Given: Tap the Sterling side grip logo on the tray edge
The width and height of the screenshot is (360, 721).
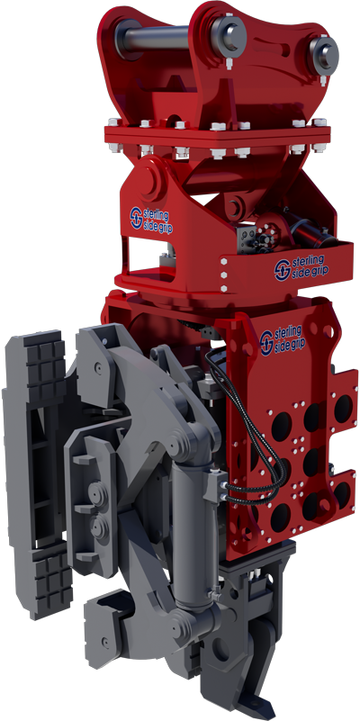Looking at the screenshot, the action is pos(301,267).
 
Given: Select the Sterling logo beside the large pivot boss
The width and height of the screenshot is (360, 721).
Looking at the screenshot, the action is pos(149,219).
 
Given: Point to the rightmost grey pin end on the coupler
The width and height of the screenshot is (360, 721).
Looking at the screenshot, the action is pos(324,54).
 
